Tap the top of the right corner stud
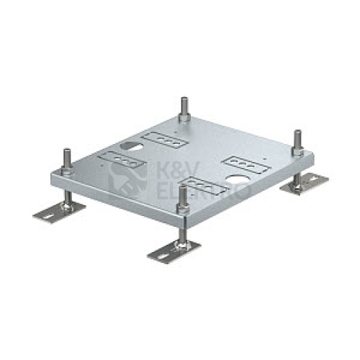click(x=297, y=131)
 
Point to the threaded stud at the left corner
click(x=66, y=160)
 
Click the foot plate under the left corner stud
click(x=59, y=212)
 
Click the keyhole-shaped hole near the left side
click(x=131, y=146)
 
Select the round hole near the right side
click(x=235, y=179)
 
